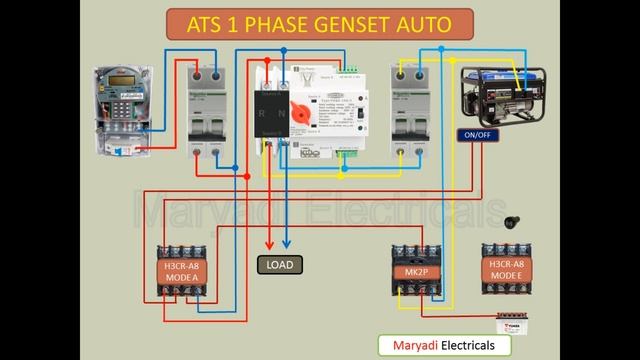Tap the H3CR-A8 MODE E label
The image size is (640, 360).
pos(506,270)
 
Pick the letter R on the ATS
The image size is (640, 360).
pos(262,112)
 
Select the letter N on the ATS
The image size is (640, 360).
pos(280,112)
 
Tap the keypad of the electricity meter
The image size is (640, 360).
pos(121,108)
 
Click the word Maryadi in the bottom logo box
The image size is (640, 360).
pos(414,345)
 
